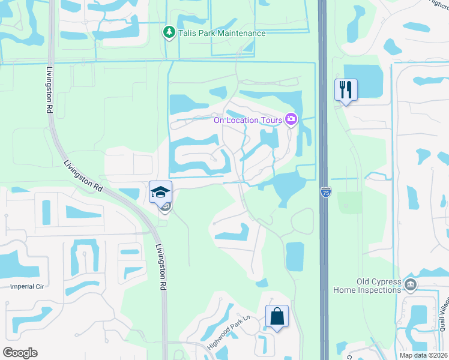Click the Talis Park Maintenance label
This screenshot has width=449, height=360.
point(221,33)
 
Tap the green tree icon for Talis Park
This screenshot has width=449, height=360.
point(170,32)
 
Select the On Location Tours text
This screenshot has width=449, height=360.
point(248,120)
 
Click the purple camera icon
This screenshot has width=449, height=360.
point(291,119)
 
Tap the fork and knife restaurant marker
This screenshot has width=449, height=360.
point(346,90)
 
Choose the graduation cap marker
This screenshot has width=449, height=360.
point(161,192)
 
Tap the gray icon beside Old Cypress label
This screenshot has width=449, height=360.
point(411,283)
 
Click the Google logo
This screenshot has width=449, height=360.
point(20,353)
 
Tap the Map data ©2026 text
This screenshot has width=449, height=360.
point(423,355)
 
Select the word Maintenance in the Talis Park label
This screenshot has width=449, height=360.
point(241,33)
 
